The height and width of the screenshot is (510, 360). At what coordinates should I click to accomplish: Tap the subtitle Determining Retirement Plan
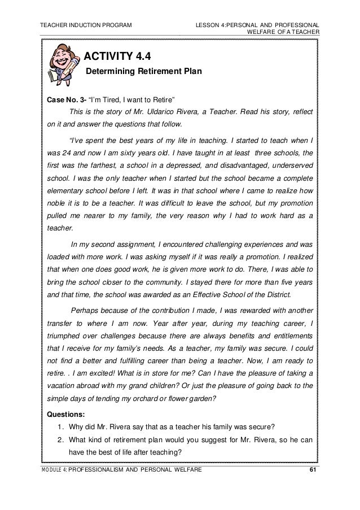(x=143, y=72)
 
